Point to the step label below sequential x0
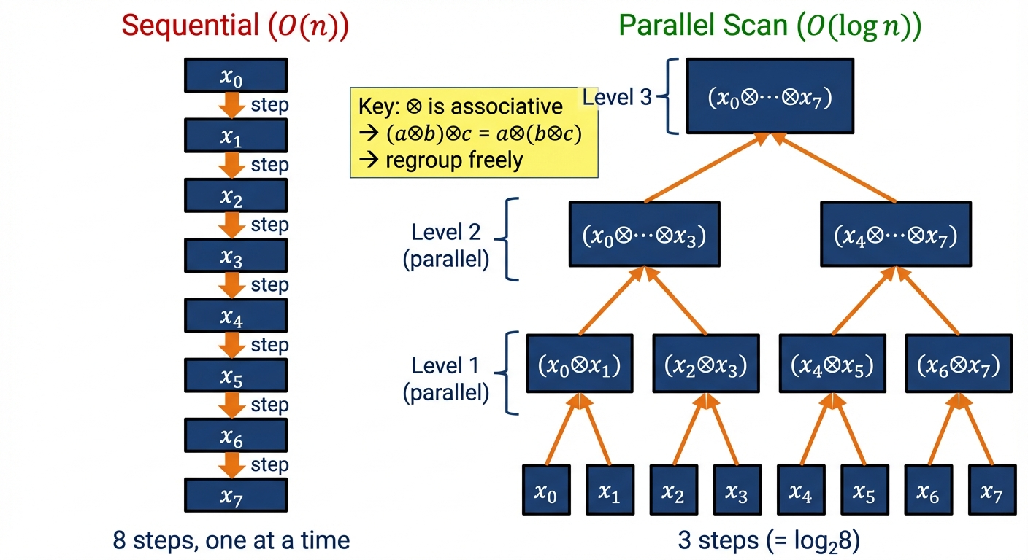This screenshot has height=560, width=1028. (269, 105)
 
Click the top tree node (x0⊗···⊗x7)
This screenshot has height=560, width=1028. (770, 96)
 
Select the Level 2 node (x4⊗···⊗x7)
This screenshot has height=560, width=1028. (895, 235)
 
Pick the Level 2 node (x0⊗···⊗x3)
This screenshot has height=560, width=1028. (644, 235)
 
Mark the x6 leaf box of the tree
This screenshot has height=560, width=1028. (928, 490)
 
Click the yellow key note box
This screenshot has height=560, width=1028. (474, 133)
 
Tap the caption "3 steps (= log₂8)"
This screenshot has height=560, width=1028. (768, 540)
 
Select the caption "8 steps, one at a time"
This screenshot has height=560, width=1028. (231, 540)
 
